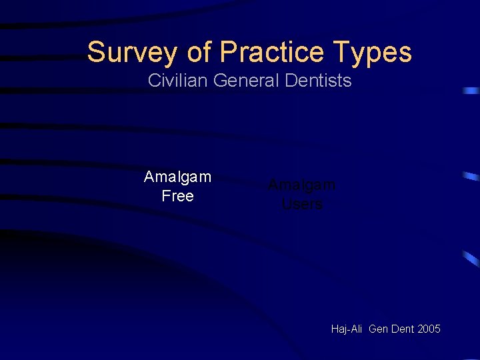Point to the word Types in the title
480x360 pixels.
coord(374,52)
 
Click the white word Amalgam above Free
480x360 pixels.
coord(177,177)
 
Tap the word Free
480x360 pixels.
coord(177,196)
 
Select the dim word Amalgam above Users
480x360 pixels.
coord(301,185)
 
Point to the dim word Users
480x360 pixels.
coord(302,204)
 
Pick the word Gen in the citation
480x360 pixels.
coord(378,329)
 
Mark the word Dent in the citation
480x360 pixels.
coord(401,329)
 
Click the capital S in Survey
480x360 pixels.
coord(95,52)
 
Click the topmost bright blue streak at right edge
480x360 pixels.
coord(472,90)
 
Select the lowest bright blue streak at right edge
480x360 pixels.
coord(472,259)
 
